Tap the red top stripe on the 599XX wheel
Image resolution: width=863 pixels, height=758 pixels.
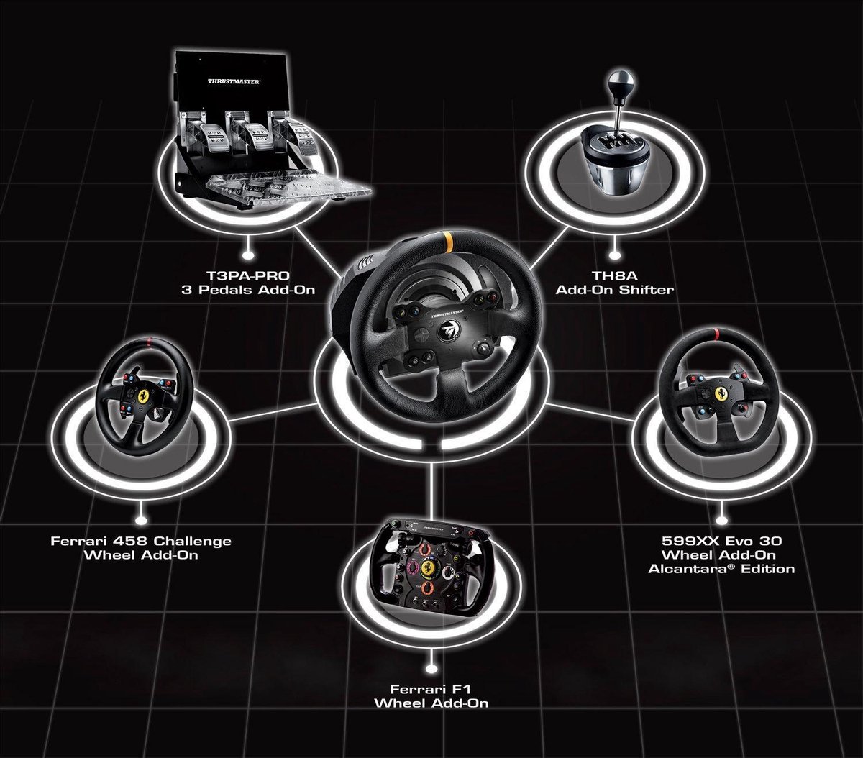click(x=717, y=334)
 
